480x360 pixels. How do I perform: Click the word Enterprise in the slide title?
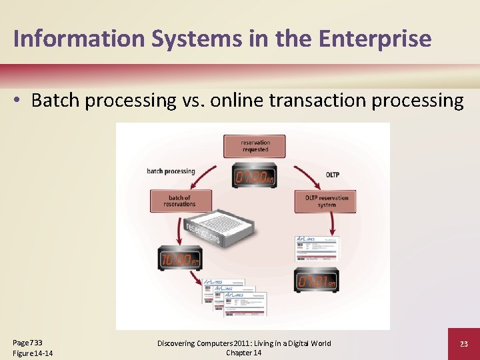click(375, 38)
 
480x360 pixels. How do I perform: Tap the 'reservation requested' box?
click(254, 146)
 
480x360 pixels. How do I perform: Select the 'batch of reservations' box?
click(181, 201)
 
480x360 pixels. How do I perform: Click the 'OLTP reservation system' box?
click(326, 201)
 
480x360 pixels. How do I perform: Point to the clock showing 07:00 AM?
click(253, 177)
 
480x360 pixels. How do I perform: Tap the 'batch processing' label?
click(171, 171)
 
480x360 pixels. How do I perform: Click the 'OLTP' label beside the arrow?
click(332, 175)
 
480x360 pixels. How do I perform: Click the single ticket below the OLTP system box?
click(317, 248)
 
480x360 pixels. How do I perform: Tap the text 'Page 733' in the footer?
click(27, 342)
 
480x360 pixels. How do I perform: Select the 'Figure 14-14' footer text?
click(33, 353)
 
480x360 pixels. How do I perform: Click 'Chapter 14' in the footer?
click(243, 353)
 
